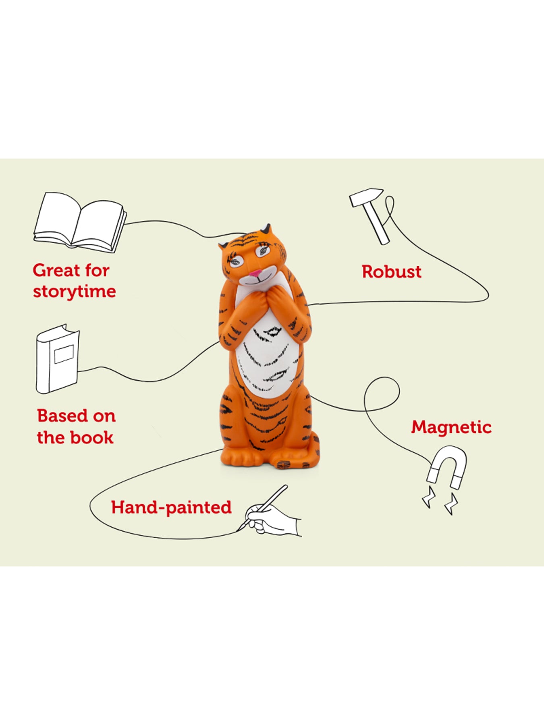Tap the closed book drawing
pos(57,359)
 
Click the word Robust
pos(391,272)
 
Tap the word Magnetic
pos(451,427)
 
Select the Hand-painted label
pos(171,507)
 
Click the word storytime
pos(75,292)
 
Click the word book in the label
pos(95,438)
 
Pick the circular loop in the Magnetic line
pos(382,394)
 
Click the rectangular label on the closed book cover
pos(64,354)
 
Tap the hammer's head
pos(366,196)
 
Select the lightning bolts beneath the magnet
pos(440,501)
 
